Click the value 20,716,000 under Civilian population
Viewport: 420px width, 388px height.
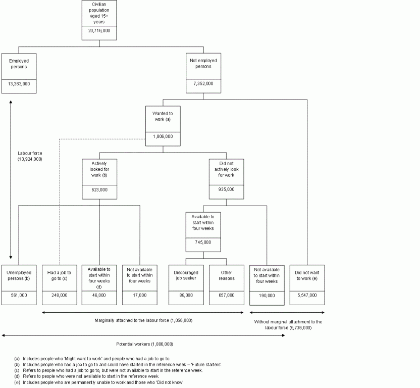[x=99, y=30]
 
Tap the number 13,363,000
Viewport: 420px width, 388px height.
[x=19, y=84]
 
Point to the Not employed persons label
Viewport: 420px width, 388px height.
[x=203, y=64]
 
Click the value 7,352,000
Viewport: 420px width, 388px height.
[x=203, y=84]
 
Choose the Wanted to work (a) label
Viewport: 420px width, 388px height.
[x=163, y=117]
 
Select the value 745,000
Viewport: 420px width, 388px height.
[x=203, y=242]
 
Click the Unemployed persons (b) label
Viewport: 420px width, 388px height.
[x=19, y=275]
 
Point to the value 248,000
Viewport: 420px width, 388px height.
[x=59, y=295]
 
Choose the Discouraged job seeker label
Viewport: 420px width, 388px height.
[x=186, y=275]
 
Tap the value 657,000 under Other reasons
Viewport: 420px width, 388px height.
[x=227, y=295]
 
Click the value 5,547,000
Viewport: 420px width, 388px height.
[x=306, y=295]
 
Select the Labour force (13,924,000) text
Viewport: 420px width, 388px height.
[x=30, y=156]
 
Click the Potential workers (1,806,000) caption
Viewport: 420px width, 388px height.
[x=144, y=344]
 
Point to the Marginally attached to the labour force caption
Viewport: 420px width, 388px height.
[x=143, y=320]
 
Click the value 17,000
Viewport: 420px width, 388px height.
[x=139, y=295]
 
